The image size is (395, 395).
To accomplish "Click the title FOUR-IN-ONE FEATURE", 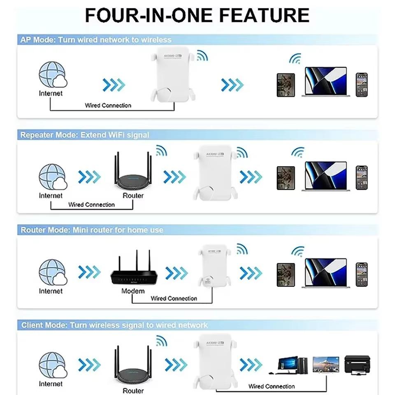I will (x=197, y=15).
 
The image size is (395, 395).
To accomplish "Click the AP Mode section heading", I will (x=96, y=40).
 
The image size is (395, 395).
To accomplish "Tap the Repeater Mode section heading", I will (x=85, y=135).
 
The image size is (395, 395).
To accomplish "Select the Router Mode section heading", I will (x=92, y=230).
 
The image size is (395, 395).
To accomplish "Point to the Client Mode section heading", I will (x=114, y=325).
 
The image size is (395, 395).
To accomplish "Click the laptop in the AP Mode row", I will (x=325, y=82).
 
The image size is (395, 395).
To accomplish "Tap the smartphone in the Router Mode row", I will (x=362, y=274).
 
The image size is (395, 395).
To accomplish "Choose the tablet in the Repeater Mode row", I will (x=286, y=178).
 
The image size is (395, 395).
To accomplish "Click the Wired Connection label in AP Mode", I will (x=108, y=105).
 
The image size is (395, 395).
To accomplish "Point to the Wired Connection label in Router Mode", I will (x=174, y=298).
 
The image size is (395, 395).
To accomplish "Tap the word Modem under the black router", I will (x=133, y=291).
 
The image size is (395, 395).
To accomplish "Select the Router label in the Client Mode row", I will (x=133, y=390).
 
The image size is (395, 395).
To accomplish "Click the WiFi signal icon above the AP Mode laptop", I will (x=295, y=59).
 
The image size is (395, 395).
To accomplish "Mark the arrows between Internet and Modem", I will (x=89, y=272).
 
